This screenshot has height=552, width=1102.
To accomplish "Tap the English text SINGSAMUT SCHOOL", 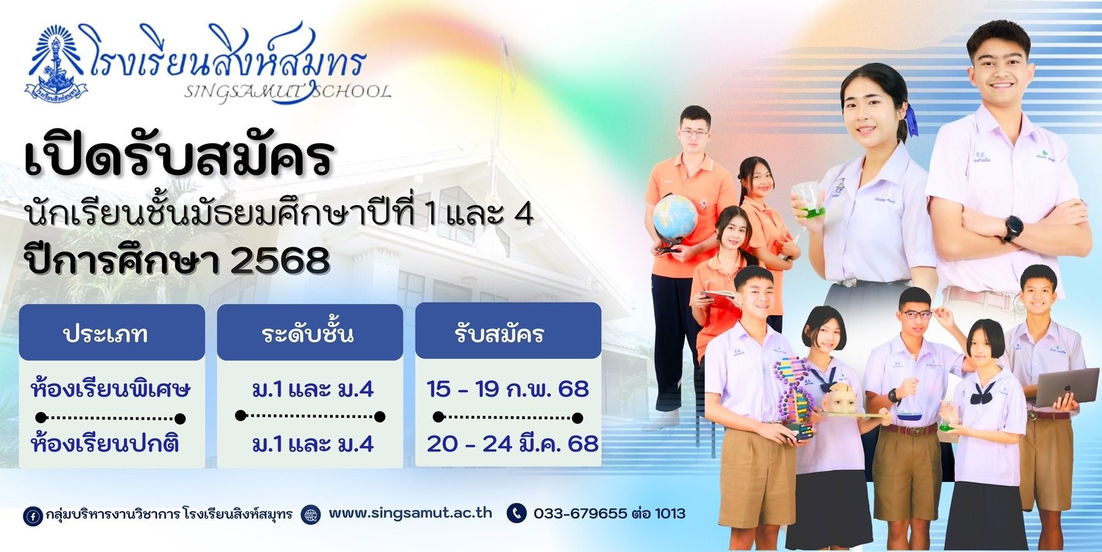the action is pyautogui.click(x=287, y=92).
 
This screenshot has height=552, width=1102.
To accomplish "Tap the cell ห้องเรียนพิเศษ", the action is pyautogui.click(x=110, y=389).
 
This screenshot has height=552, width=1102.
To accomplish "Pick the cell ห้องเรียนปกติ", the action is pyautogui.click(x=105, y=444).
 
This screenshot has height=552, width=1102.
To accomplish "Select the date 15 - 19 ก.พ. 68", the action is pyautogui.click(x=508, y=389).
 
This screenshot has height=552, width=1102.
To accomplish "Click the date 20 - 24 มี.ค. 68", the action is pyautogui.click(x=513, y=444).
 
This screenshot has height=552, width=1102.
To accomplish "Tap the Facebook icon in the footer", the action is pyautogui.click(x=32, y=515).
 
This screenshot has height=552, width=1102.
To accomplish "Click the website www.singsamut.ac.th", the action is pyautogui.click(x=410, y=512).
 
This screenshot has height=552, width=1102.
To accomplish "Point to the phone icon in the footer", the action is pyautogui.click(x=516, y=513).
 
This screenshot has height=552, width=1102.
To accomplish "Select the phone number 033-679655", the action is pyautogui.click(x=580, y=513).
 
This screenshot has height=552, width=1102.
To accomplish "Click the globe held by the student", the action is pyautogui.click(x=675, y=217).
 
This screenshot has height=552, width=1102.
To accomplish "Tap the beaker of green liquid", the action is pyautogui.click(x=807, y=203).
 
